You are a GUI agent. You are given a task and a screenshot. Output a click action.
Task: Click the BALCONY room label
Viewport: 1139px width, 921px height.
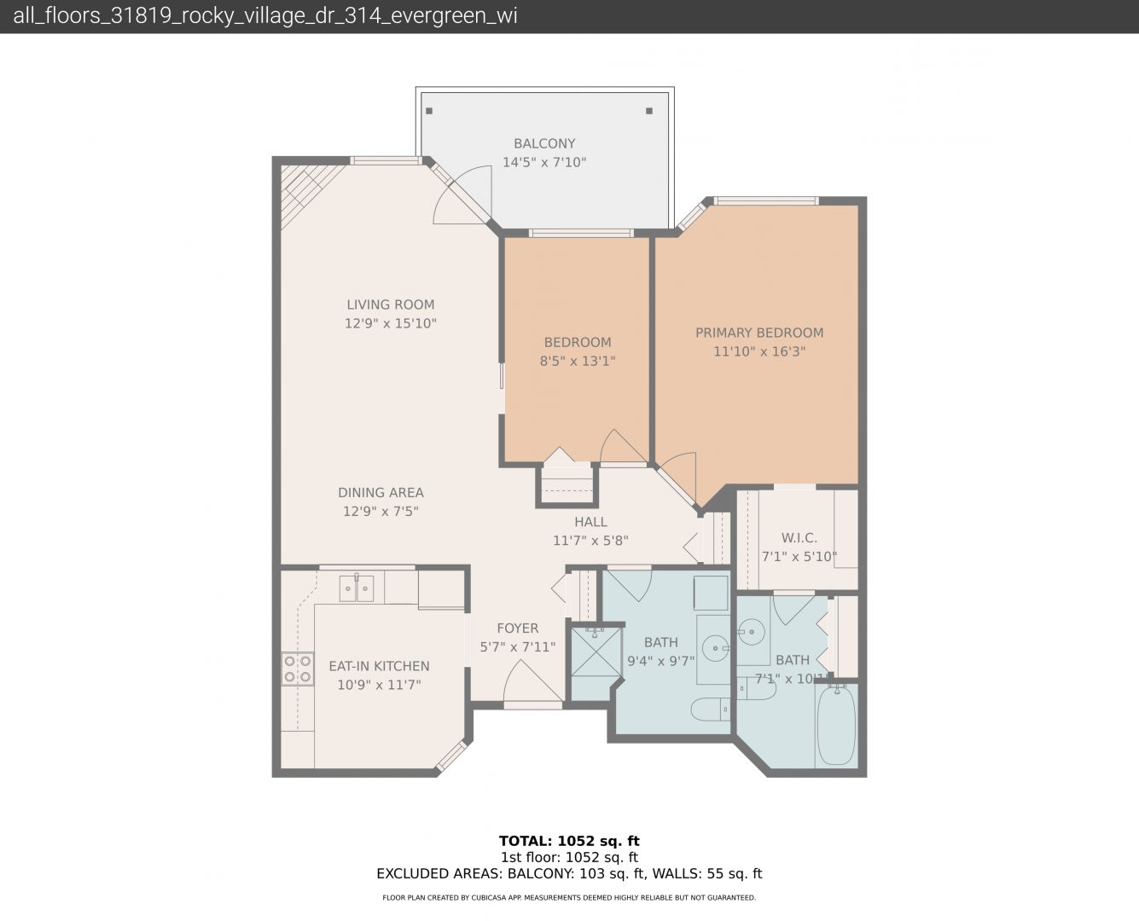click(x=544, y=144)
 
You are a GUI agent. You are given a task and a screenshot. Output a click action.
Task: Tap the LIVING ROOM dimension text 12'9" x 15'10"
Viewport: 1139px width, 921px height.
click(x=391, y=323)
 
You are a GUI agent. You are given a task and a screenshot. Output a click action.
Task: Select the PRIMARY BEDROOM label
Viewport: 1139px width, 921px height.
click(x=759, y=333)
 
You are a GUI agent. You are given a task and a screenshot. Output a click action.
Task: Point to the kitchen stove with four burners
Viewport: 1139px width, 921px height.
click(x=298, y=669)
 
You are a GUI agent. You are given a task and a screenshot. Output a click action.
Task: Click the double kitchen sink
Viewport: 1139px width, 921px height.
click(x=357, y=588)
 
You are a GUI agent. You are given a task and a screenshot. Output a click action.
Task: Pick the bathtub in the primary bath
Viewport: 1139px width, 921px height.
click(x=836, y=726)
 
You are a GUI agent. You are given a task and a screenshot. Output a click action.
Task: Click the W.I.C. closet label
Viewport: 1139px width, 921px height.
click(x=799, y=538)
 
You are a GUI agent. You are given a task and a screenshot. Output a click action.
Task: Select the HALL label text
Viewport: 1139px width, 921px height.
click(x=590, y=522)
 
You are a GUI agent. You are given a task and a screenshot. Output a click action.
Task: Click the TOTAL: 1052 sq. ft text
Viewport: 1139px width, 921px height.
click(x=569, y=841)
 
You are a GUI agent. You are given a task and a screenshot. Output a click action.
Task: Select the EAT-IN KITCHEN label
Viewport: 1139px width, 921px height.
click(x=379, y=666)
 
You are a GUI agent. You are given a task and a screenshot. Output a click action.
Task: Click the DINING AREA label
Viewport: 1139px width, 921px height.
click(x=381, y=492)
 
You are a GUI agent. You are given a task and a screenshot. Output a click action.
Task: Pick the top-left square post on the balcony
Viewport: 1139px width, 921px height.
click(x=429, y=111)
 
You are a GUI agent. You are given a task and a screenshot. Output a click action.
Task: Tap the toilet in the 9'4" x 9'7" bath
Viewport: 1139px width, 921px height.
click(x=710, y=710)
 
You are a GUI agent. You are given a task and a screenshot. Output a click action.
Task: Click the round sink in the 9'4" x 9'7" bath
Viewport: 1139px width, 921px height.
click(x=714, y=648)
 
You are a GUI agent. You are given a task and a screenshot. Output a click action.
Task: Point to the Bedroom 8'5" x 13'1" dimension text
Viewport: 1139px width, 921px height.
click(x=578, y=362)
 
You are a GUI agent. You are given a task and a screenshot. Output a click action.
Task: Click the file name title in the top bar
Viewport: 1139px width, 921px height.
click(x=265, y=16)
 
